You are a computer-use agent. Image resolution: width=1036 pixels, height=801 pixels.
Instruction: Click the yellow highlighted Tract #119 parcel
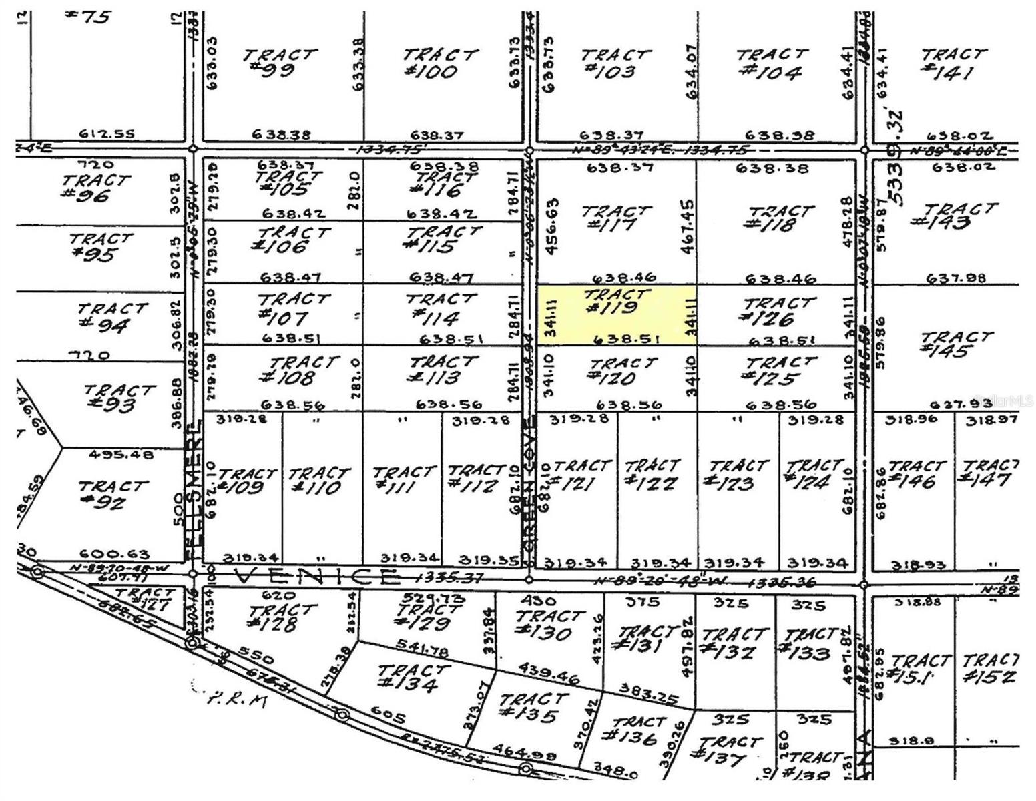pyautogui.click(x=617, y=315)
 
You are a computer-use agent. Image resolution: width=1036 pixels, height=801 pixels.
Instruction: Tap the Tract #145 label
pyautogui.click(x=955, y=344)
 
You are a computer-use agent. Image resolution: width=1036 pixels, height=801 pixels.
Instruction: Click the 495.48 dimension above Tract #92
pyautogui.click(x=121, y=455)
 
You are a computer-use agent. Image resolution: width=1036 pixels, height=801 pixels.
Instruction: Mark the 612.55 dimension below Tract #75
pyautogui.click(x=107, y=133)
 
